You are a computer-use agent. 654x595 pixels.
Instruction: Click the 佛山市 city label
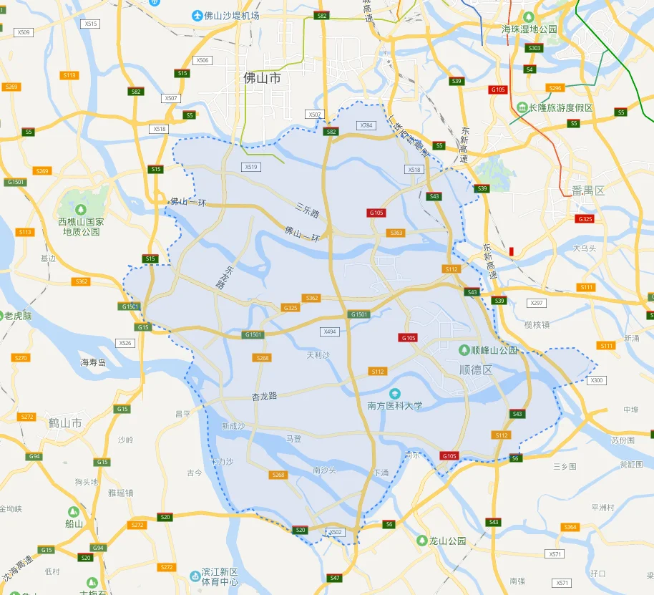coord(263,78)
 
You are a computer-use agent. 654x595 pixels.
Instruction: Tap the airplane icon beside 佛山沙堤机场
coord(197,15)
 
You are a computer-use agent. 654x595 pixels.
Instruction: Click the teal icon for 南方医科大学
coord(394,393)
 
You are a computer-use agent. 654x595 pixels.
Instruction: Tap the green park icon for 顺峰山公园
coord(464,350)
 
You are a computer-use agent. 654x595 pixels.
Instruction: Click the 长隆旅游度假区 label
coord(560,107)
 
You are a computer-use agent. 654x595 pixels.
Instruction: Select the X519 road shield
coord(250,167)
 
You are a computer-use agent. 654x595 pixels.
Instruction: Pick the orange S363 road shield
coord(396,233)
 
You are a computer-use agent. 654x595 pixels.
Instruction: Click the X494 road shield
coord(329,332)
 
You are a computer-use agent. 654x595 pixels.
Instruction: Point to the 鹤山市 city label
coord(65,423)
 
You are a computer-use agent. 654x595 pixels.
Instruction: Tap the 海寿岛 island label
coord(93,362)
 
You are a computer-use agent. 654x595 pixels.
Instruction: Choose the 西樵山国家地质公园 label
coord(81,226)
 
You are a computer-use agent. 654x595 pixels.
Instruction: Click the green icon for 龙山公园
coord(422,541)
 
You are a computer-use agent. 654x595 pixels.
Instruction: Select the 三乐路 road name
coord(307,209)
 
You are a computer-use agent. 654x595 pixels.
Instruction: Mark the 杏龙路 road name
coord(264,395)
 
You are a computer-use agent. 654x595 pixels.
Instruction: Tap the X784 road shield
coord(366,125)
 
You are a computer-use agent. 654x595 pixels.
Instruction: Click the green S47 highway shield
coord(334,577)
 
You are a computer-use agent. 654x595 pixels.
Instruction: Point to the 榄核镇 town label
coord(537,324)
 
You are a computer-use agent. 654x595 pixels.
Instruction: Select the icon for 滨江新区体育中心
coord(195,576)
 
